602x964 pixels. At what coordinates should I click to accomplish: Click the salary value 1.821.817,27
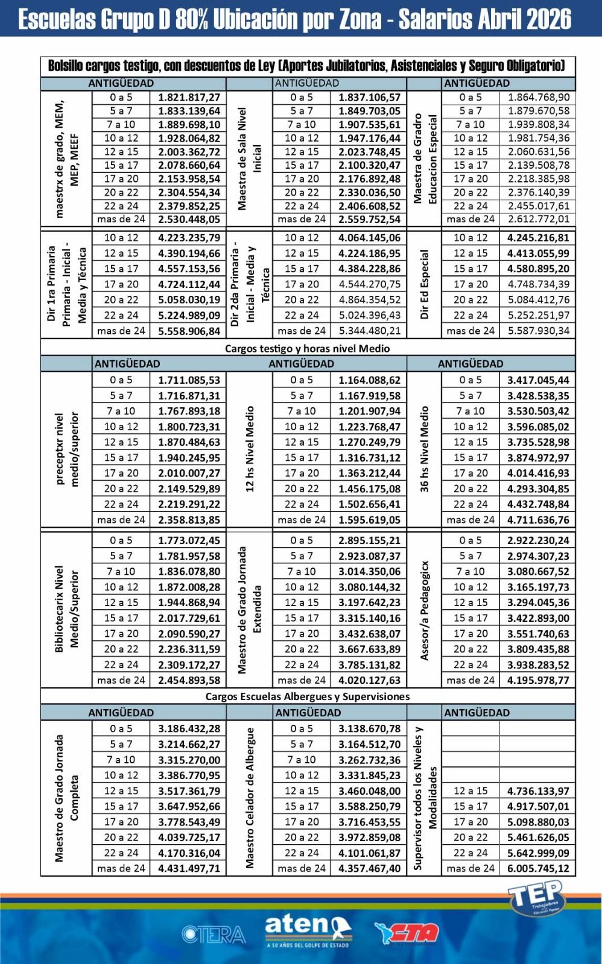(189, 97)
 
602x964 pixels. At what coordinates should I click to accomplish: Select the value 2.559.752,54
(369, 219)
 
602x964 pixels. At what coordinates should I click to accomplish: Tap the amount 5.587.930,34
(538, 331)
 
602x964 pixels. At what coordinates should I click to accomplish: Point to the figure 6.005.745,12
(538, 868)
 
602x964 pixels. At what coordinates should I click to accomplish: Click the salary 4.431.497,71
(189, 868)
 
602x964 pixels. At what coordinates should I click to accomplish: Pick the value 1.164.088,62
(369, 380)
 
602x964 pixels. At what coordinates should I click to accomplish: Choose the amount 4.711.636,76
(538, 519)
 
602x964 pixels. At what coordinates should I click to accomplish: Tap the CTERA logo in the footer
(214, 934)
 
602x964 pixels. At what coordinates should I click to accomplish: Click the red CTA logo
(407, 933)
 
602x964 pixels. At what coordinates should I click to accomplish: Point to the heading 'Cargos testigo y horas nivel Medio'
(307, 348)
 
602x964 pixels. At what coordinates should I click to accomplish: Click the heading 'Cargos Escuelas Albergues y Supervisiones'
(307, 696)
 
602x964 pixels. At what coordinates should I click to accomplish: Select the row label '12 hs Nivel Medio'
(250, 449)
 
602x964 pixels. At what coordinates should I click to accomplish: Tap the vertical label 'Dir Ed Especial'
(424, 284)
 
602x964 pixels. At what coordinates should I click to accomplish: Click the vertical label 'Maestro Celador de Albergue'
(250, 798)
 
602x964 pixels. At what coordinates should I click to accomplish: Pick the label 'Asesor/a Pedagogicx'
(424, 610)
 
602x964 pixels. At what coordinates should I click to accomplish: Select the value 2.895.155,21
(369, 540)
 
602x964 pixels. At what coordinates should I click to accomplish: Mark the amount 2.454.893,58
(189, 680)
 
